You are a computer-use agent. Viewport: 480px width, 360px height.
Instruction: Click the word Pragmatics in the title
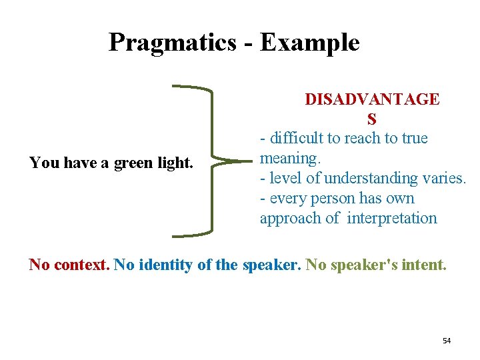point(172,43)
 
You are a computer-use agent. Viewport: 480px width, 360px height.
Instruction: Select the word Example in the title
point(309,43)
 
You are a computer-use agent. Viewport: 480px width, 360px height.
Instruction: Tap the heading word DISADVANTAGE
point(372,99)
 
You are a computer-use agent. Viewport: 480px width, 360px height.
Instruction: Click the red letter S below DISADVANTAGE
point(371,119)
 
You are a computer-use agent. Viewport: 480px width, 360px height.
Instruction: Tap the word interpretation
point(392,219)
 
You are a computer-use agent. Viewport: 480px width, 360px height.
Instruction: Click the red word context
point(81,265)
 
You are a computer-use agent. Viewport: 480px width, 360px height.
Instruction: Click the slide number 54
point(447,341)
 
